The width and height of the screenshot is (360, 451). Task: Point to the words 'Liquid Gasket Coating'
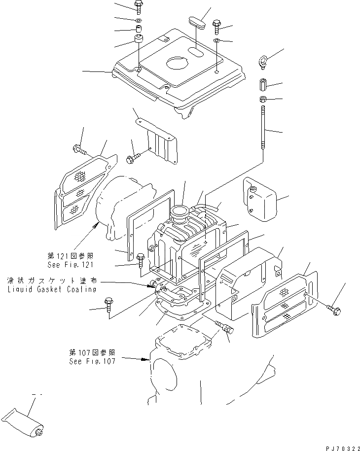point(52,289)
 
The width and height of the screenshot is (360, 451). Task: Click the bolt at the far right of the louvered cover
point(334,310)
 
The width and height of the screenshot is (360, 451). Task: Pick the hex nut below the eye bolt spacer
point(263,100)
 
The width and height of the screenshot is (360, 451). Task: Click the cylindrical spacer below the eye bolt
point(263,86)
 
